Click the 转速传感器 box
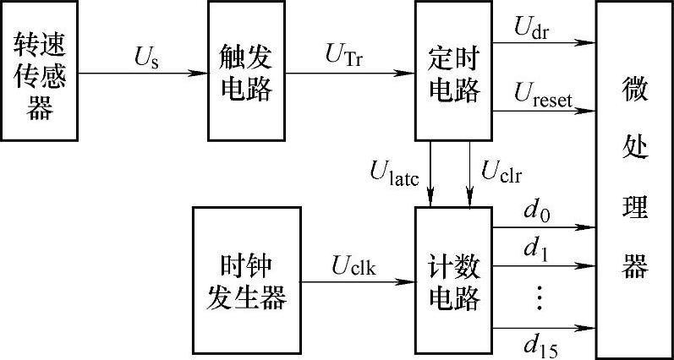tap(39, 71)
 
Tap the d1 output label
tap(536, 249)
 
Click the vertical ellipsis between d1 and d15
tap(539, 297)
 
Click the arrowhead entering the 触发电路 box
tap(204, 72)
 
